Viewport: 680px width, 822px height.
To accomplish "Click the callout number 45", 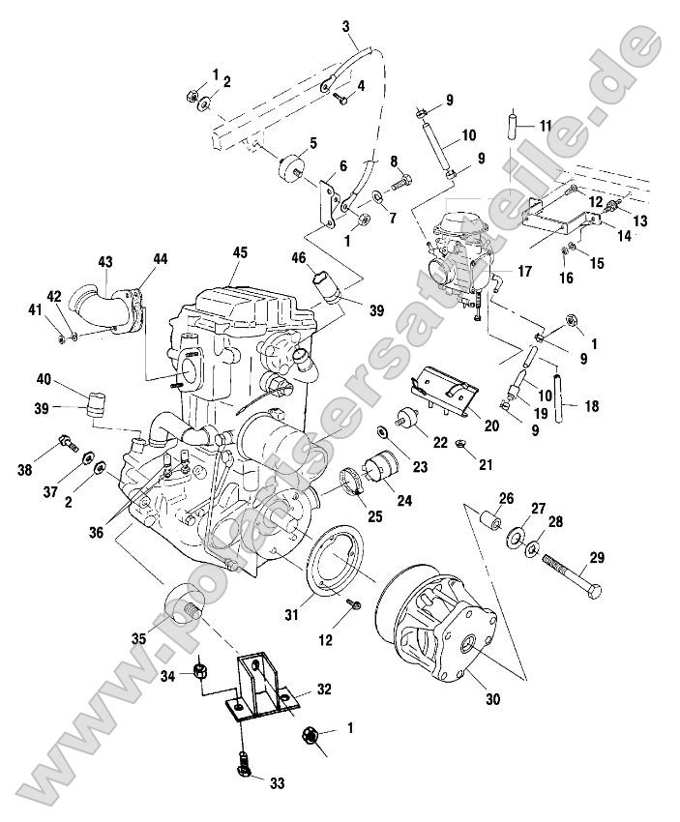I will [x=240, y=252].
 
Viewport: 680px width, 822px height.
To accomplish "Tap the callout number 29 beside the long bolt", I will [x=597, y=557].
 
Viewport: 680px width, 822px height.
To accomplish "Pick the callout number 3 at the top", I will [x=346, y=26].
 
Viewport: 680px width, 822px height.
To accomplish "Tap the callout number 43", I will [x=105, y=262].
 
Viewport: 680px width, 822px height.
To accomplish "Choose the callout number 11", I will [x=546, y=127].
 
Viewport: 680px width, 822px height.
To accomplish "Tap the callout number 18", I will [x=591, y=406].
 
